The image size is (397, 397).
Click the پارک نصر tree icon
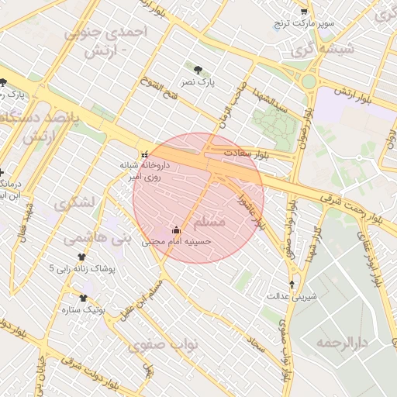[200, 70]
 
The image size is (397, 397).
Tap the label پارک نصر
[198, 81]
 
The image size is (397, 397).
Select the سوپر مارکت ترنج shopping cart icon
[303, 12]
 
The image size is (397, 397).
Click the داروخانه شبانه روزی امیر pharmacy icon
[144, 154]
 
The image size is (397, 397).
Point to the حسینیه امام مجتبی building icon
[176, 230]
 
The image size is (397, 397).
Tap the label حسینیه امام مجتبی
[176, 242]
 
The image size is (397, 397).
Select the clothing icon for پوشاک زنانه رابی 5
[81, 257]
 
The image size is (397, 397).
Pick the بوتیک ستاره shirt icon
[83, 297]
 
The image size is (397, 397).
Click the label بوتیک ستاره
[83, 309]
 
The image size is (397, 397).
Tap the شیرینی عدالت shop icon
[292, 285]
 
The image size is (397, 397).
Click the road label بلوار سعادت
[245, 153]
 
